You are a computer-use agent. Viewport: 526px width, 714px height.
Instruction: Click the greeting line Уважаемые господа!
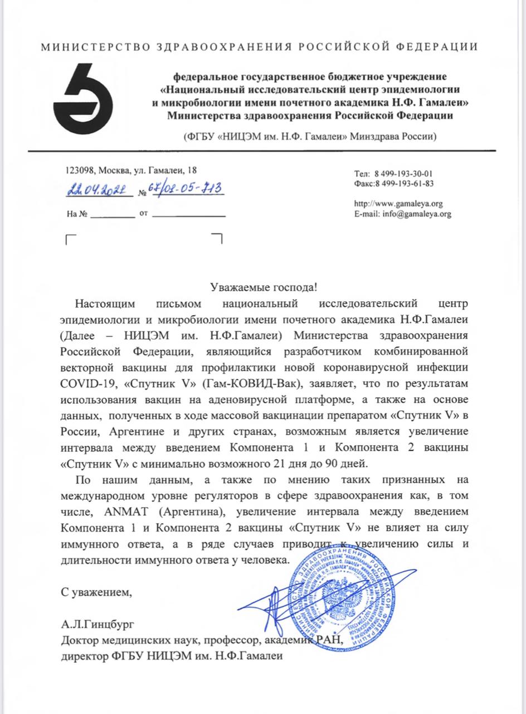[x=264, y=287]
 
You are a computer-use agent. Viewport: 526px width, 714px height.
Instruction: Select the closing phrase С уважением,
[x=97, y=590]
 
